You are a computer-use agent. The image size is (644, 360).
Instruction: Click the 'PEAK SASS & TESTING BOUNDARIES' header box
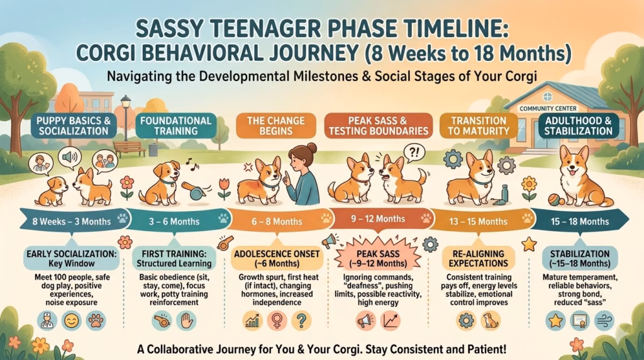click(x=377, y=125)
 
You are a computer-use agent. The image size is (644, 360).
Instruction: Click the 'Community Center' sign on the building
click(x=548, y=108)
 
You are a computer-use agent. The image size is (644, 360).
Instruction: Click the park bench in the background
click(x=130, y=148)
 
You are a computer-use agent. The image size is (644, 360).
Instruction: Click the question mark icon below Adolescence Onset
click(x=302, y=321)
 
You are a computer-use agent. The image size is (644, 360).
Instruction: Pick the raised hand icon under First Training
click(x=185, y=321)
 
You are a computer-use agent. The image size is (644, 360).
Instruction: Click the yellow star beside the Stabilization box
click(x=528, y=243)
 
